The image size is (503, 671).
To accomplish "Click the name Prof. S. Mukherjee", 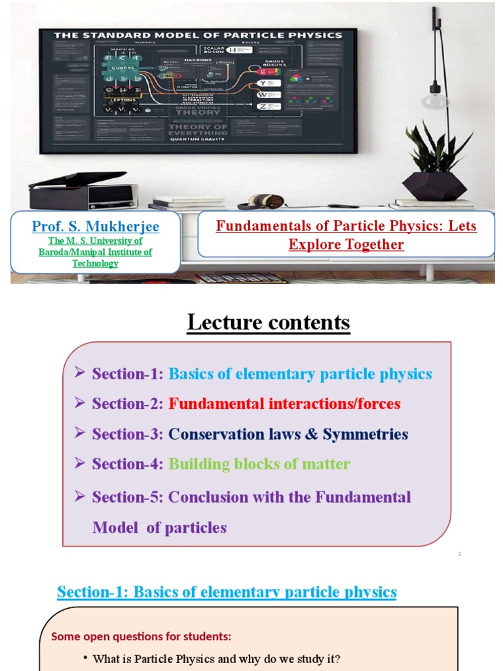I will pos(96,227).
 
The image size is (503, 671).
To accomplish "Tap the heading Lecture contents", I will pos(269,322).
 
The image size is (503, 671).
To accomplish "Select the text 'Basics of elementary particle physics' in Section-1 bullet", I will pos(300,374).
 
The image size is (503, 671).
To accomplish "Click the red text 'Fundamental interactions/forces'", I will pos(284,404).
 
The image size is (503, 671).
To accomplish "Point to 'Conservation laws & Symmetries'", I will pos(288,434).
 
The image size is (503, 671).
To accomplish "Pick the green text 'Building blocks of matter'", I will pos(259,464).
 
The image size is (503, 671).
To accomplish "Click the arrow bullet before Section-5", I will pos(81,496).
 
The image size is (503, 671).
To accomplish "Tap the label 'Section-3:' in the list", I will pos(128,434).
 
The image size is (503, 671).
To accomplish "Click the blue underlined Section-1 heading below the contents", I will pos(227,592).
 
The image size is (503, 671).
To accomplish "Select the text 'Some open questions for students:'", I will pos(141,636).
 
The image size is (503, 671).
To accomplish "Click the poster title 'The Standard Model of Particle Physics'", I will pos(198,35).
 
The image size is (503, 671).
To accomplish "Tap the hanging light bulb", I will pos(434,98).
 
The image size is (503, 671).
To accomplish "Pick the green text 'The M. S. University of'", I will pos(96,241).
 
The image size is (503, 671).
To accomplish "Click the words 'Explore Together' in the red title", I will pos(346,244).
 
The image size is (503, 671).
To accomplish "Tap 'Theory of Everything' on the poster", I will pos(198,129).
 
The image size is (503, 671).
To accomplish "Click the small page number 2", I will pos(460,554).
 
